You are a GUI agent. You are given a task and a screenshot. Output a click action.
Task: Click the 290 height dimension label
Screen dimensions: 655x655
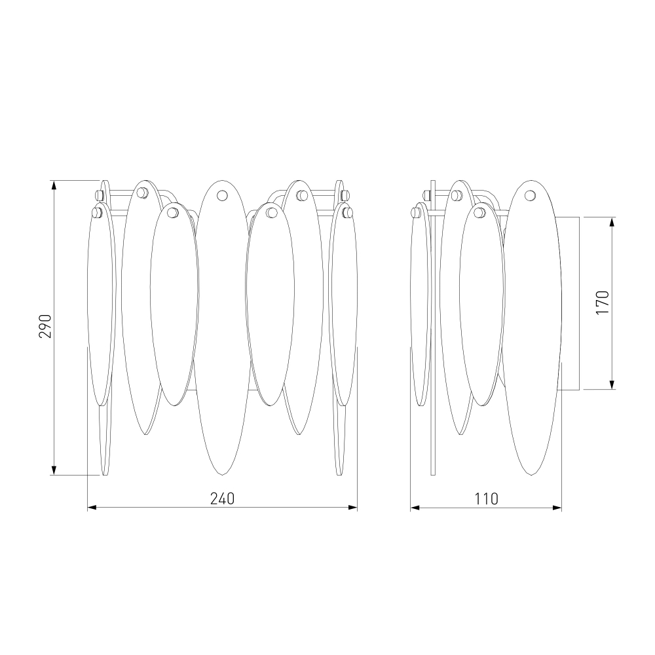point(45,326)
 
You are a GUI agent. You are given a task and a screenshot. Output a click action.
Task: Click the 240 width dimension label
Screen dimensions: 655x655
point(222,498)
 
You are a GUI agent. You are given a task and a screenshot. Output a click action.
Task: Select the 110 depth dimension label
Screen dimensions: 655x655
point(486,498)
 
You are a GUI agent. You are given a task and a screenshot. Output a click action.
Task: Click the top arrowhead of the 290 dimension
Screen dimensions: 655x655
point(54,185)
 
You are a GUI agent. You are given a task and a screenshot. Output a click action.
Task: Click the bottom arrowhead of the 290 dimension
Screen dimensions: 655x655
point(54,470)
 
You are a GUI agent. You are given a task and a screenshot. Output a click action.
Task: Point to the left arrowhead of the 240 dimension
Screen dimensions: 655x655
point(92,508)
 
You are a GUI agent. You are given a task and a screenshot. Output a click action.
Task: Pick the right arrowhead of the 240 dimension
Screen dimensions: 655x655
point(353,508)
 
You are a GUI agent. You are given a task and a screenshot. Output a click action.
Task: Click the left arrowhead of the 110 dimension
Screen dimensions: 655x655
point(415,508)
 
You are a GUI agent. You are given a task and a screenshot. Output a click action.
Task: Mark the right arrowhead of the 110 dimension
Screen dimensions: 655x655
point(557,508)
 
